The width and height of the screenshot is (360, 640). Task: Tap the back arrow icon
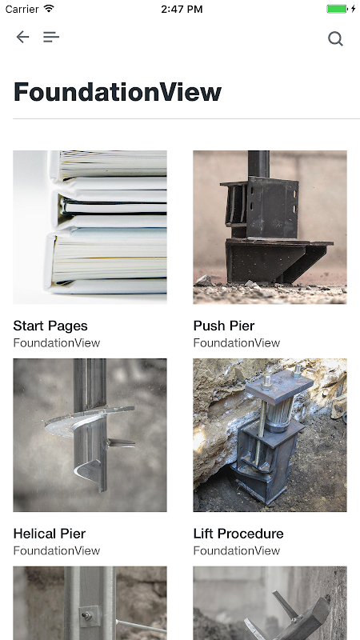coord(22,37)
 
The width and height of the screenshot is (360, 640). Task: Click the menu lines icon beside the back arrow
coord(51,37)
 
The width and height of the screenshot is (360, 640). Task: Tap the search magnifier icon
coord(335,38)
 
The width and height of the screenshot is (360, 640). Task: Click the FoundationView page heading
coord(118,92)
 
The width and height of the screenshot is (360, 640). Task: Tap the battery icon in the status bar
coord(337,9)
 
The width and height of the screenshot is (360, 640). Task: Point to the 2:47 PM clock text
coord(182,9)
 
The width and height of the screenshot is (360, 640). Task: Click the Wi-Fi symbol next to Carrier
coord(49,9)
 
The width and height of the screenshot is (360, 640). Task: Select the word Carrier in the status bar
coord(22,9)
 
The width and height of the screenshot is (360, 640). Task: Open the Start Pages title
coord(50,326)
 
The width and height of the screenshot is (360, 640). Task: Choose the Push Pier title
coord(224,326)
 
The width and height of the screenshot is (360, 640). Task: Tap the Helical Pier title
coord(50,534)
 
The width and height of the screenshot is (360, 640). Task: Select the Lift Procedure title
coord(238,534)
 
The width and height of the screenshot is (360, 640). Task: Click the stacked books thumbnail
coord(90,227)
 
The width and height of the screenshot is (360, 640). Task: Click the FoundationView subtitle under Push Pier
coord(237,343)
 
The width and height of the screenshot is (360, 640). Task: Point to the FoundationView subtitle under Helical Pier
coord(56,550)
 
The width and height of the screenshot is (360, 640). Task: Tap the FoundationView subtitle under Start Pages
coord(56,343)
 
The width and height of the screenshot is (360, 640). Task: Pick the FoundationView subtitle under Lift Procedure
coord(237,550)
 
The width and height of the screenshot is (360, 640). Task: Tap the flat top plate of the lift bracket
coord(279,386)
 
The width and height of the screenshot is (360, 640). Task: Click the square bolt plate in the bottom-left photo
coord(88,615)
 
